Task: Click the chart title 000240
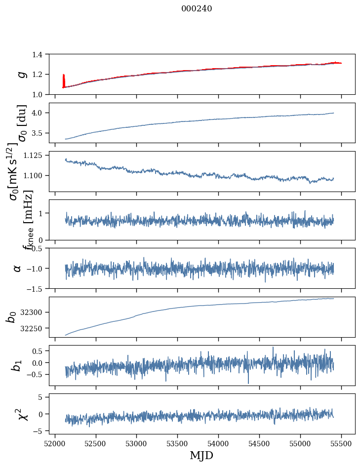point(197,8)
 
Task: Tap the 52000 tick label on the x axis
point(55,443)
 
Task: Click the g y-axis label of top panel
point(21,74)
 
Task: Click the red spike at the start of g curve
point(64,79)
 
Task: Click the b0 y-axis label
point(12,316)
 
